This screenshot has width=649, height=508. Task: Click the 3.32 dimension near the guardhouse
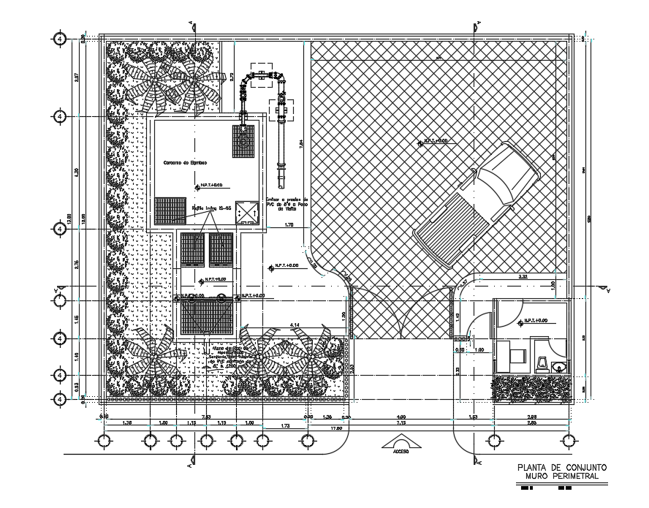point(523,277)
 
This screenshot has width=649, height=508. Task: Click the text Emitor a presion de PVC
point(287,203)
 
